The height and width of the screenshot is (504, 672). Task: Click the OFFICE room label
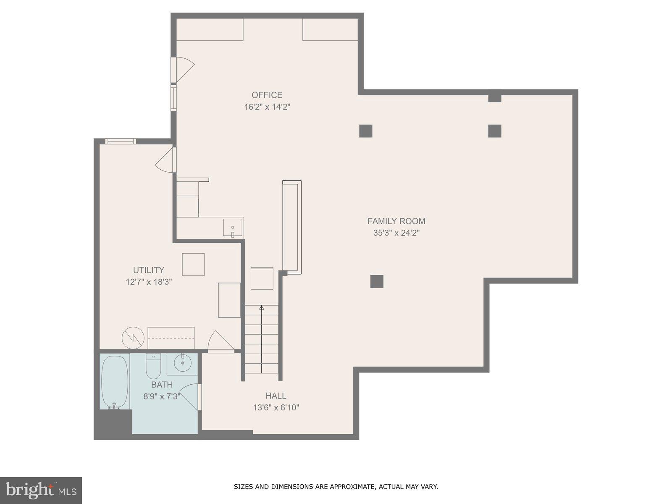tap(267, 95)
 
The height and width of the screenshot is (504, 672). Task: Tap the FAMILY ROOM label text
tap(396, 221)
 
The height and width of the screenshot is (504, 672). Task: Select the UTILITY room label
tap(149, 270)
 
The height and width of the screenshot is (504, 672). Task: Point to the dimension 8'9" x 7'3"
tap(162, 396)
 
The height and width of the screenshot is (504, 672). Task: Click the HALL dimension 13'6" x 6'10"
tap(276, 407)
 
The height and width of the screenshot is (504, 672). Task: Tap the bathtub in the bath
tap(115, 382)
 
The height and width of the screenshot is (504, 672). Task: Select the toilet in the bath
tap(153, 366)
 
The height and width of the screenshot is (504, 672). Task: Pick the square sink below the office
tap(233, 227)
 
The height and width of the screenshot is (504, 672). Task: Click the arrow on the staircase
tap(262, 308)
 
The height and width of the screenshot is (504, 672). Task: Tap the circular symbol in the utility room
tap(133, 338)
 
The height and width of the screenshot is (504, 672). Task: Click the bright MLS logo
tap(41, 490)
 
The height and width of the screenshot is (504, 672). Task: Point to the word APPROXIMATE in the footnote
tap(352, 487)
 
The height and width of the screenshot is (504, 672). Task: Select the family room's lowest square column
tap(377, 281)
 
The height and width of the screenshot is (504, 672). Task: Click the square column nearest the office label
tap(366, 131)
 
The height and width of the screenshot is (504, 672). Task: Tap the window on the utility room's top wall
tap(120, 142)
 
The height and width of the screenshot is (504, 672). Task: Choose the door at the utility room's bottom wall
tap(220, 341)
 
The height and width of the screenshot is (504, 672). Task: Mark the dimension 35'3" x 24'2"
tap(396, 233)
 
